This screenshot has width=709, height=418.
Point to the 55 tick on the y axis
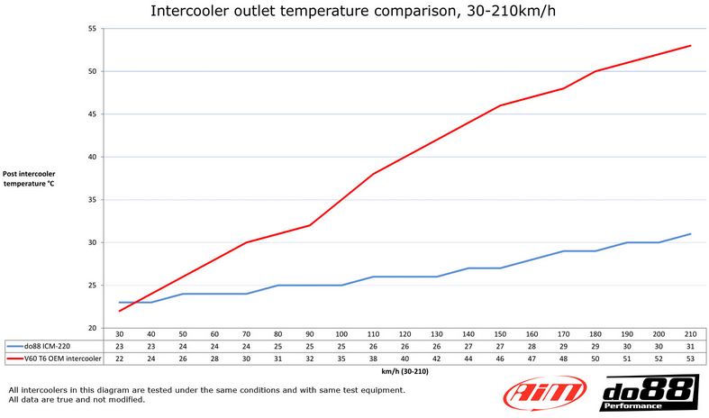point(92,28)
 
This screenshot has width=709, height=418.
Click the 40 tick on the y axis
point(92,157)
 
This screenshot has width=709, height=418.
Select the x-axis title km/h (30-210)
point(404,370)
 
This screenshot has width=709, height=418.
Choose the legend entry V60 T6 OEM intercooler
point(61,359)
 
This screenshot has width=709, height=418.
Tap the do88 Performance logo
point(643,394)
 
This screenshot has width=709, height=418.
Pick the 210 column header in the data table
point(691,333)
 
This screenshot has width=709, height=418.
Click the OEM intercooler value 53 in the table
point(691,359)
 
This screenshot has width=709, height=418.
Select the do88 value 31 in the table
point(691,346)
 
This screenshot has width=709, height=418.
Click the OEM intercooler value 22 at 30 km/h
point(120,359)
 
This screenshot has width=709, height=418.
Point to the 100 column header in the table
point(341,333)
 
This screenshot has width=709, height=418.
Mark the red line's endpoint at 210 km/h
point(691,45)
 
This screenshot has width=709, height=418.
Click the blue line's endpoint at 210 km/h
point(691,234)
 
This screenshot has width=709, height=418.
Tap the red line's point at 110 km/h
point(373,174)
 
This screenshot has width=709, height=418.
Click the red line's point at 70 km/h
point(246,242)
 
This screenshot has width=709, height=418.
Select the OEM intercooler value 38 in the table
point(373,359)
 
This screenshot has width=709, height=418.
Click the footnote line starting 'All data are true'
point(77,399)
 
